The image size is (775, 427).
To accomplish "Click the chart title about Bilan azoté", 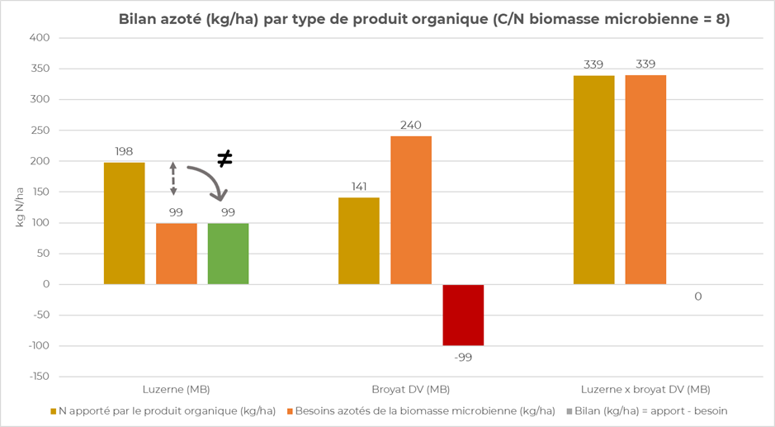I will pos(423,19).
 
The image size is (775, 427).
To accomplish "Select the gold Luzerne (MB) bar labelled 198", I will pos(125,223).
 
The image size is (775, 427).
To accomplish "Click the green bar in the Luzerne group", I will pos(228,254).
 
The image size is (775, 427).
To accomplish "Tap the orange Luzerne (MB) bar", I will pos(177,254).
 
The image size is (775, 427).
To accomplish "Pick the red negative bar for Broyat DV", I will pos(463,315).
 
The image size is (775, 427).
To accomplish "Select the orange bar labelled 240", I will pos(411,210).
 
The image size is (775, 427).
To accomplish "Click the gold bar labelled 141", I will pos(360,240).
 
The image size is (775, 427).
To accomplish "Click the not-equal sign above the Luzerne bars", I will pos(224,158).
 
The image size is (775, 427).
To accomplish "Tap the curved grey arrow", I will pos(209,181).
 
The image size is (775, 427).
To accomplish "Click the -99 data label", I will pos(463,357).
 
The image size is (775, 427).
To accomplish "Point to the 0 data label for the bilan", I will pos(697,296).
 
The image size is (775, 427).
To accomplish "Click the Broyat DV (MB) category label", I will pos(411,388).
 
